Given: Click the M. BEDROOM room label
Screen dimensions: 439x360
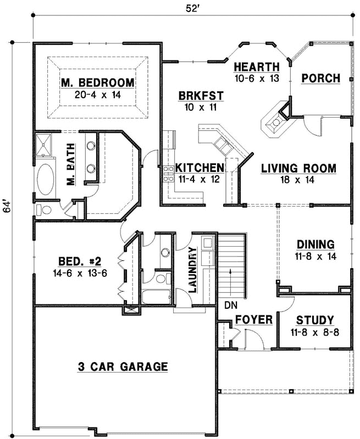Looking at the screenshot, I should (x=98, y=83).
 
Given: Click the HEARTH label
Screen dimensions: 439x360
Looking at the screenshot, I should (x=257, y=66).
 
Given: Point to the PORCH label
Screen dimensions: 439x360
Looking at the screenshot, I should (x=321, y=78).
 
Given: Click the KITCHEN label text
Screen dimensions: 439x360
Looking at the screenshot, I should (x=200, y=168).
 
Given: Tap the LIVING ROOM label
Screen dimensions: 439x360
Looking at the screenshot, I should (x=298, y=169).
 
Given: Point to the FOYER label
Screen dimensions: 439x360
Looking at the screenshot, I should (x=254, y=320).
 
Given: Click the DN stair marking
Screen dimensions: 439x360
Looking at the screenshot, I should (x=230, y=304).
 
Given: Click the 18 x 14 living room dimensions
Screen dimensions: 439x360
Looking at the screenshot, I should (x=298, y=180).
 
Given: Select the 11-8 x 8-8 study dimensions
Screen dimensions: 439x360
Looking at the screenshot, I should (x=315, y=332).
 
